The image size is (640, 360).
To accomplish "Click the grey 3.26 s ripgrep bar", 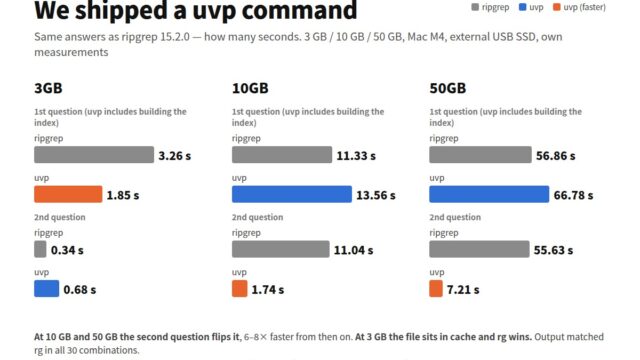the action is point(94,155).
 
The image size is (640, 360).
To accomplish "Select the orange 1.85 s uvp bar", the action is point(68,194).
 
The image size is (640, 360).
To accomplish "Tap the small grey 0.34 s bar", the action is point(40,249).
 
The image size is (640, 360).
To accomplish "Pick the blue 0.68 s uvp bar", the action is point(47,289).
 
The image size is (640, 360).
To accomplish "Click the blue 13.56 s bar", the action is point(292,194).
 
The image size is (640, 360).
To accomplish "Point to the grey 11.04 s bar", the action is point(281,249).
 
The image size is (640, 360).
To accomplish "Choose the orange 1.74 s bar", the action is point(240,289).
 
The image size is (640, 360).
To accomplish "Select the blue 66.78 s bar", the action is point(489,194).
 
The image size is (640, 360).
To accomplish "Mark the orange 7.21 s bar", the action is point(436,289).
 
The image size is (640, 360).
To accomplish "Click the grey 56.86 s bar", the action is point(480,155).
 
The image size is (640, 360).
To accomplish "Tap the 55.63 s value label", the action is point(553,250).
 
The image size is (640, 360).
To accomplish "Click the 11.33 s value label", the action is point(356,156).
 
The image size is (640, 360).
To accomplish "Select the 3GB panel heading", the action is point(48,88).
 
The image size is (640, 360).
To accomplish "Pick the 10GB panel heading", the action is point(250,88).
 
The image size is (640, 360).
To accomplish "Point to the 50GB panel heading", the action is point(448,88).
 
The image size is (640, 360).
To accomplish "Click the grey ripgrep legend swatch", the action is point(475,7).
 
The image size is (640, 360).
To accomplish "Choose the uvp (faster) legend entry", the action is point(580,7).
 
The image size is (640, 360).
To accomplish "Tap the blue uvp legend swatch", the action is point(522,7).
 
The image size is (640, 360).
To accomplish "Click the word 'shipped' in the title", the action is point(121,11).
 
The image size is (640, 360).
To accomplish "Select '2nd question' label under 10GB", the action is point(258,217).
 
